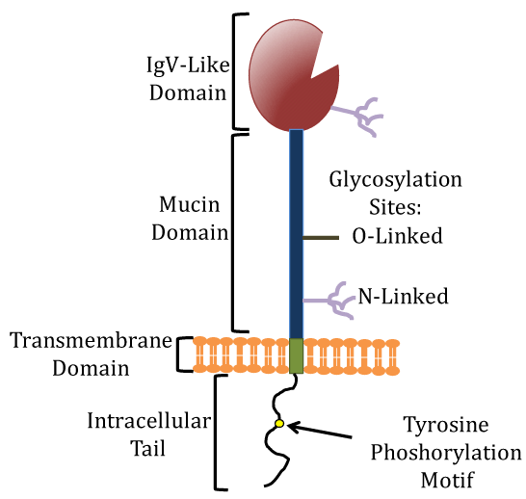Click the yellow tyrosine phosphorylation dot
[279, 424]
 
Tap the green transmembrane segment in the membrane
[296, 355]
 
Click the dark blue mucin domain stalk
[296, 234]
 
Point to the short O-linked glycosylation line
[321, 238]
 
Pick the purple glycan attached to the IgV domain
[356, 117]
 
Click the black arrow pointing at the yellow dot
[320, 431]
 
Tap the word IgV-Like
[188, 66]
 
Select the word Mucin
[190, 204]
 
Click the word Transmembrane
[91, 340]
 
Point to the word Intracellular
[149, 421]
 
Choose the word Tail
[148, 448]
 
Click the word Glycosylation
[395, 180]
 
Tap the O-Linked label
[397, 236]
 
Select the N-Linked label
[403, 296]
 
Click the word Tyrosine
[446, 425]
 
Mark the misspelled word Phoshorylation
[446, 454]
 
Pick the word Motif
[447, 480]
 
